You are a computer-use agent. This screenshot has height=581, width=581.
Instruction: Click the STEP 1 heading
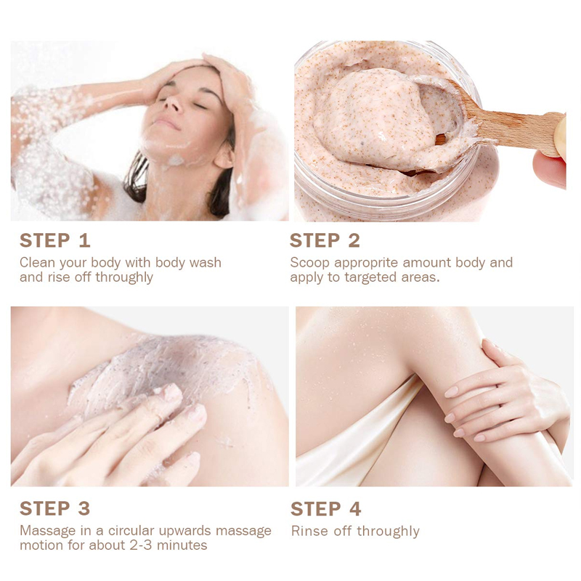click(x=55, y=240)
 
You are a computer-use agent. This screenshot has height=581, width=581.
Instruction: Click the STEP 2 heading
click(x=325, y=240)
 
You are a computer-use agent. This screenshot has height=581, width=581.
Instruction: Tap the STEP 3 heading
click(x=55, y=508)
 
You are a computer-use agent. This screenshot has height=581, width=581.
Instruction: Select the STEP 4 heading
click(x=325, y=508)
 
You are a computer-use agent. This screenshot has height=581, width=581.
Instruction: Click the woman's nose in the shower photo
click(x=173, y=107)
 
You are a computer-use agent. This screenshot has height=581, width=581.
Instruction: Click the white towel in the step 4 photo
click(x=341, y=436)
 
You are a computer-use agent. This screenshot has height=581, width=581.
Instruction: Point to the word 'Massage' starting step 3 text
click(x=47, y=531)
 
